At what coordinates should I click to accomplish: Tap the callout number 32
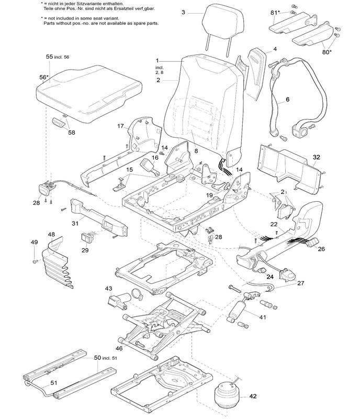316,157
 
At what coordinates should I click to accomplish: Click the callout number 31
75,224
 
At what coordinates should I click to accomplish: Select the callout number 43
108,289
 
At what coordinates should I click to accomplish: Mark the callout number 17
120,126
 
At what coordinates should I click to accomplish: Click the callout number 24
270,277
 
